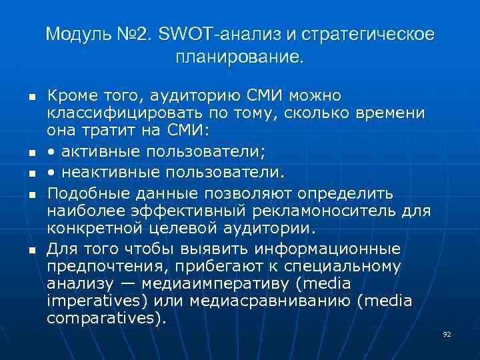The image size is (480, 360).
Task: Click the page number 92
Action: (447, 333)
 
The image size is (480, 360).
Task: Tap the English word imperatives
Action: (93, 301)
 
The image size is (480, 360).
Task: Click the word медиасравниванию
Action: (270, 301)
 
